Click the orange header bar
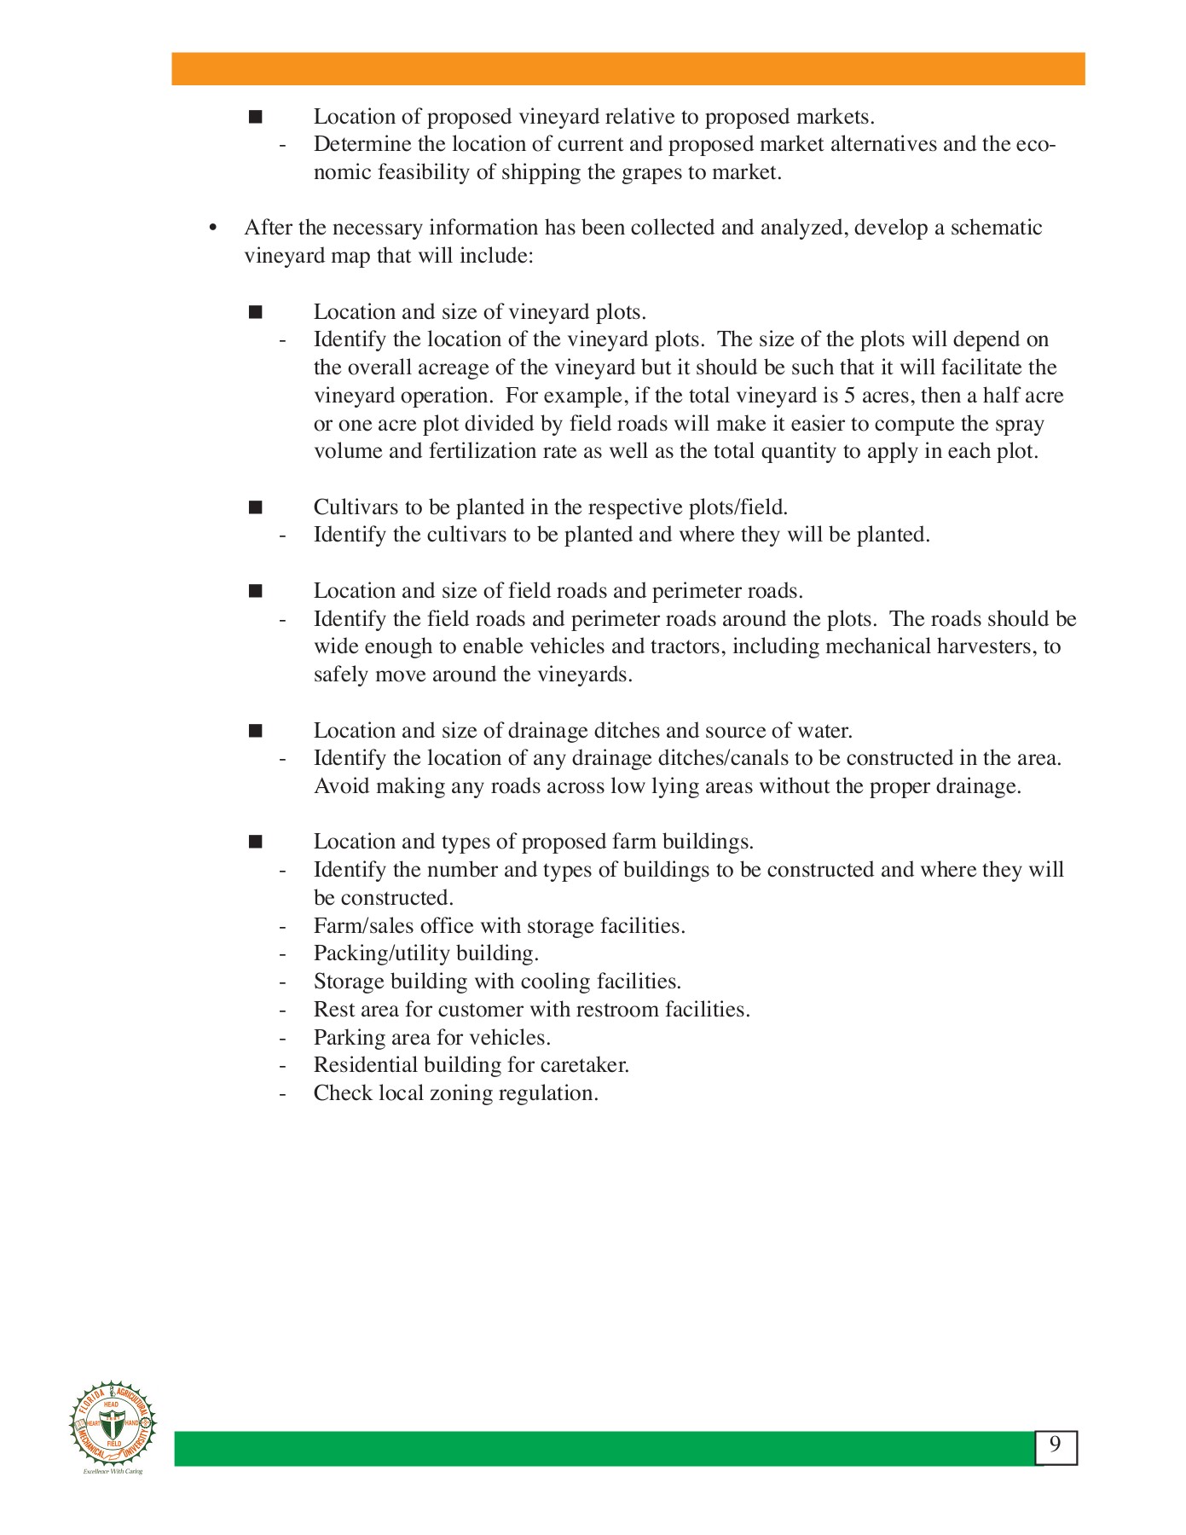pos(628,69)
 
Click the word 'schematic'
pos(996,228)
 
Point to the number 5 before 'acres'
pos(848,396)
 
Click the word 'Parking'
pos(350,1038)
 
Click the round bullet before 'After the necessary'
pos(213,228)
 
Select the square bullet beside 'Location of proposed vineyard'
pos(255,117)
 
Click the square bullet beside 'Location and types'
pos(255,842)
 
